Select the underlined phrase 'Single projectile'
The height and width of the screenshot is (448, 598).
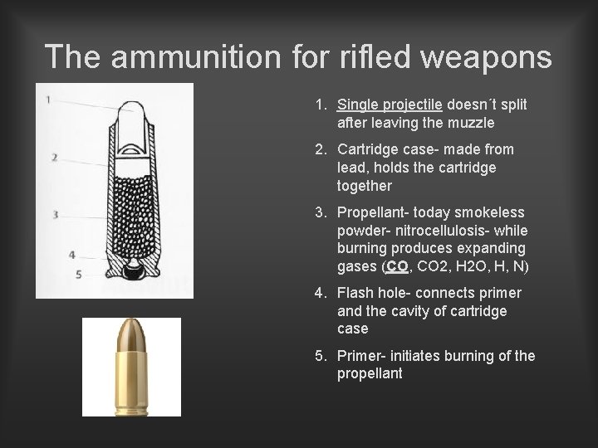tap(390, 105)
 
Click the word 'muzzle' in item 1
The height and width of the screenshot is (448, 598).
tap(469, 123)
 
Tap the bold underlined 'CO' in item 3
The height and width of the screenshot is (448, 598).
tap(398, 267)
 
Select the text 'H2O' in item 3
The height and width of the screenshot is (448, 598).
tap(471, 267)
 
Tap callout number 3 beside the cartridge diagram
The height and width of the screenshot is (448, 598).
tap(55, 215)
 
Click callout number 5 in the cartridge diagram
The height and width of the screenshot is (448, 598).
tap(78, 274)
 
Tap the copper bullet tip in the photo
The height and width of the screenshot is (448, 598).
tap(131, 335)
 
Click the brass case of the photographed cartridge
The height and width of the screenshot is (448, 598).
tap(131, 381)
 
